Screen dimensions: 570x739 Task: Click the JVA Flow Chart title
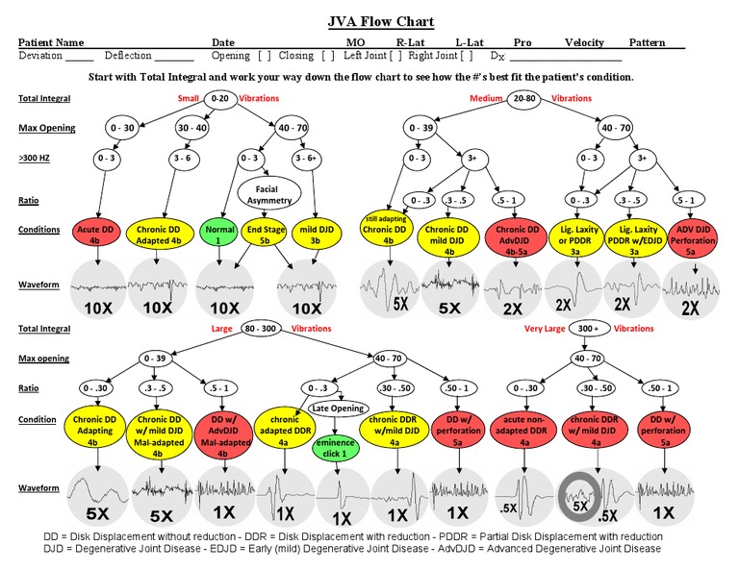[x=369, y=21]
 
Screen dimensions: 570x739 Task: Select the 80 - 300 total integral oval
[x=265, y=328]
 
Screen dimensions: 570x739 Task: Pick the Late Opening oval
[x=338, y=409]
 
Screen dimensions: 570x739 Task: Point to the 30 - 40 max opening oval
[x=191, y=128]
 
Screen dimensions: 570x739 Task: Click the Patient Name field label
[x=51, y=43]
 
